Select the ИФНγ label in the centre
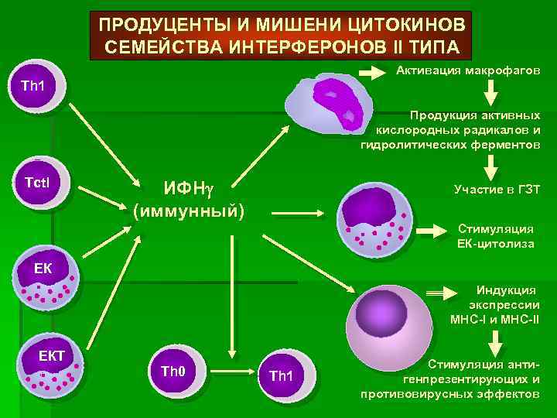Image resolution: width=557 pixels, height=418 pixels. [x=188, y=187]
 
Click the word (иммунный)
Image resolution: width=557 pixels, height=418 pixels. [x=188, y=211]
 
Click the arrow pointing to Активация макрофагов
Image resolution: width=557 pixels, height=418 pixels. [x=374, y=73]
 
